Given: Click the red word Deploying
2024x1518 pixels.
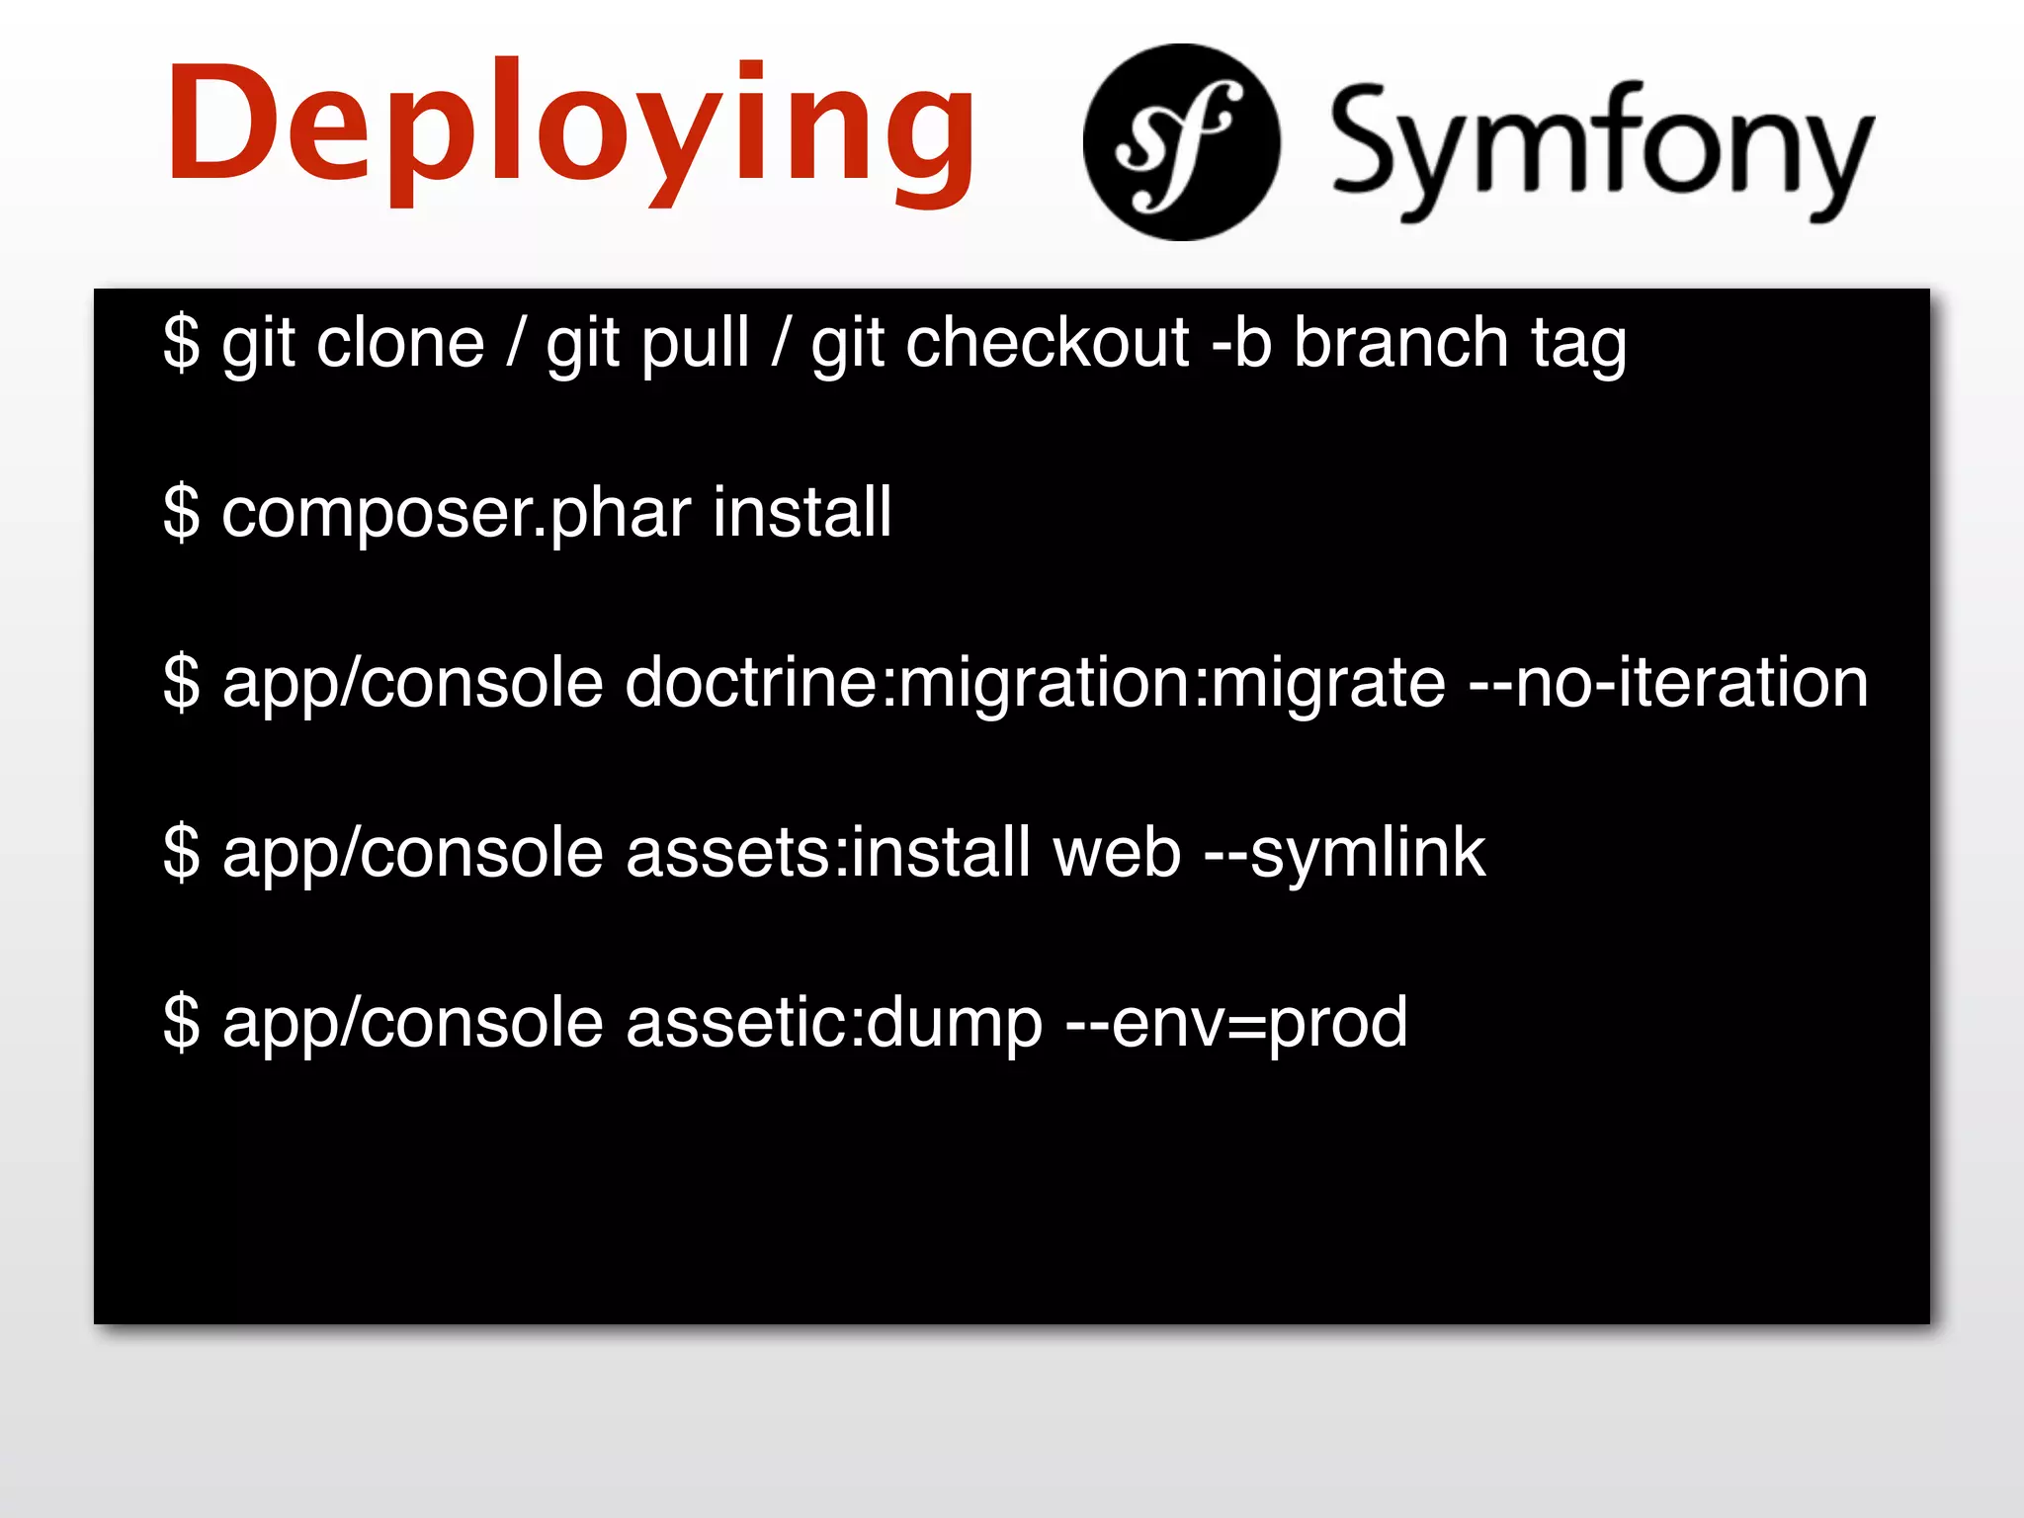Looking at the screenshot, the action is (x=571, y=128).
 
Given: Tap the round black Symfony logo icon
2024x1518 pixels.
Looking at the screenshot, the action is (x=1181, y=142).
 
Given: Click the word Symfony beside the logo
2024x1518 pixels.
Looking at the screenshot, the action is (x=1601, y=148).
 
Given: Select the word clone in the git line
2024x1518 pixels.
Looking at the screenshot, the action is (x=400, y=343).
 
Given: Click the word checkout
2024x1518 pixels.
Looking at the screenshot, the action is (x=1048, y=343).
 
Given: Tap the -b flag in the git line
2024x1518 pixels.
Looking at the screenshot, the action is (x=1241, y=343).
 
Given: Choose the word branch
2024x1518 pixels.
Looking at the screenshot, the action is (x=1400, y=343).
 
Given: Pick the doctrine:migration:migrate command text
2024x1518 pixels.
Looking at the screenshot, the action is (x=1035, y=684).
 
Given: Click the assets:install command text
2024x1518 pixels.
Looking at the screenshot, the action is (x=828, y=852).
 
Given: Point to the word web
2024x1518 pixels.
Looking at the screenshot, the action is (x=1117, y=852).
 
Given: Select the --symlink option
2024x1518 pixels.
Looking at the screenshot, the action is (x=1345, y=854).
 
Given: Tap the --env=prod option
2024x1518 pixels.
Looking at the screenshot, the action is (x=1236, y=1024).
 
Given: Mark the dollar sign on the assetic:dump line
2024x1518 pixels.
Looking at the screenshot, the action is (x=182, y=1022).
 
